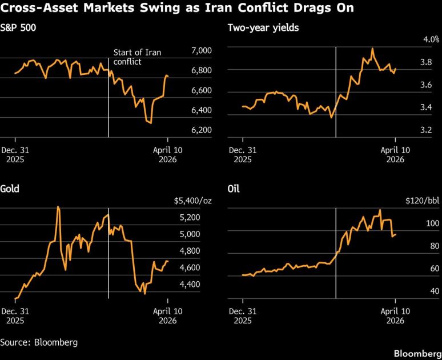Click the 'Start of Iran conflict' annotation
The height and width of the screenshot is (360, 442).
click(137, 57)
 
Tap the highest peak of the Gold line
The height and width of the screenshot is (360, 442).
click(58, 207)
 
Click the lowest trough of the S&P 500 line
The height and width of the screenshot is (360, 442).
click(150, 123)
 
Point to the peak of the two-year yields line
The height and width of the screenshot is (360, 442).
click(372, 49)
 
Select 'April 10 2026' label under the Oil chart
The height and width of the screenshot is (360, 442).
click(395, 316)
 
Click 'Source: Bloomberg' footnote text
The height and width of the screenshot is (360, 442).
click(39, 342)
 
